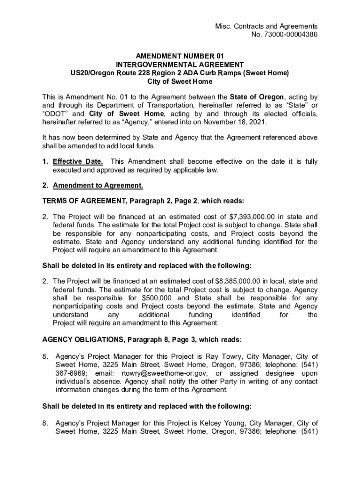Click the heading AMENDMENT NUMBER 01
point(180,56)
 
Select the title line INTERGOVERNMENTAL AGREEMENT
point(180,65)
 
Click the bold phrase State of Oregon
point(257,97)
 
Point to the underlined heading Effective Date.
point(78,162)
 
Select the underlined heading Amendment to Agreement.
point(98,186)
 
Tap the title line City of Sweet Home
point(180,81)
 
